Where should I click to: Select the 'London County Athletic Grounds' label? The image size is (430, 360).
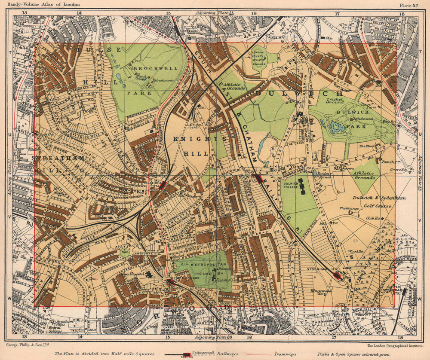point(260,59)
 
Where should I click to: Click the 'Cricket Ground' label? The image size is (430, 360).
point(335,101)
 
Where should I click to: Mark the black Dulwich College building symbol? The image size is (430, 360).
point(303,186)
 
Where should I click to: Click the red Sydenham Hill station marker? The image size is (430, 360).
point(338,275)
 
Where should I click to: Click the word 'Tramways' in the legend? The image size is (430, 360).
point(284,354)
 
